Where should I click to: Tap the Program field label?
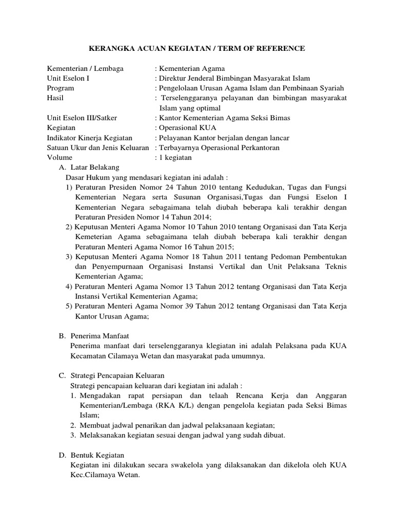[61, 88]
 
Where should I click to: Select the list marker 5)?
[69, 306]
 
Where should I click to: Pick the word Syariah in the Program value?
[331, 88]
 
